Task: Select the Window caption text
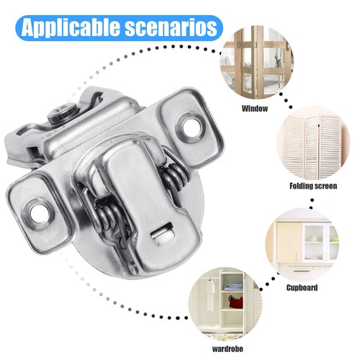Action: pyautogui.click(x=255, y=109)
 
